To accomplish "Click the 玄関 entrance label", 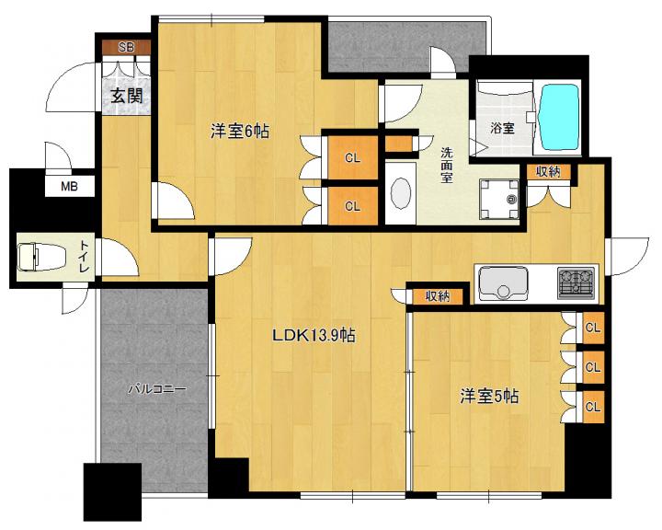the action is click(127, 97).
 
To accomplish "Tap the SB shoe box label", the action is click(126, 47).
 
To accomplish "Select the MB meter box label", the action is click(69, 186).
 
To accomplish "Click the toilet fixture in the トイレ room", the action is click(41, 257).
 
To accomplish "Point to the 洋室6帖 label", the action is click(240, 132).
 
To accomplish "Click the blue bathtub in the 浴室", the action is click(557, 117).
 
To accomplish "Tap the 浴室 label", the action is click(502, 128).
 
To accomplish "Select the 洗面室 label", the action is click(446, 165).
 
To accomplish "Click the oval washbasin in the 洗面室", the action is click(401, 193).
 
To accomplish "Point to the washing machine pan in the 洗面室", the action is click(499, 199).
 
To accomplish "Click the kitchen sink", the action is click(502, 282).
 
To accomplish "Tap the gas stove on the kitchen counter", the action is click(576, 283).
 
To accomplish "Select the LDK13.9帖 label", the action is click(314, 336).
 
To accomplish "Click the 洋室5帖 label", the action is click(489, 397).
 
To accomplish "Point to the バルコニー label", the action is click(156, 388).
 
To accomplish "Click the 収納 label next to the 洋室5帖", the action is click(438, 296).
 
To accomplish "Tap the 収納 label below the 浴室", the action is click(548, 171).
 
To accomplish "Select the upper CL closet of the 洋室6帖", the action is click(352, 158).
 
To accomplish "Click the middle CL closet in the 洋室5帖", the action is click(593, 367).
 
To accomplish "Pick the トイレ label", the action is click(84, 257).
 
